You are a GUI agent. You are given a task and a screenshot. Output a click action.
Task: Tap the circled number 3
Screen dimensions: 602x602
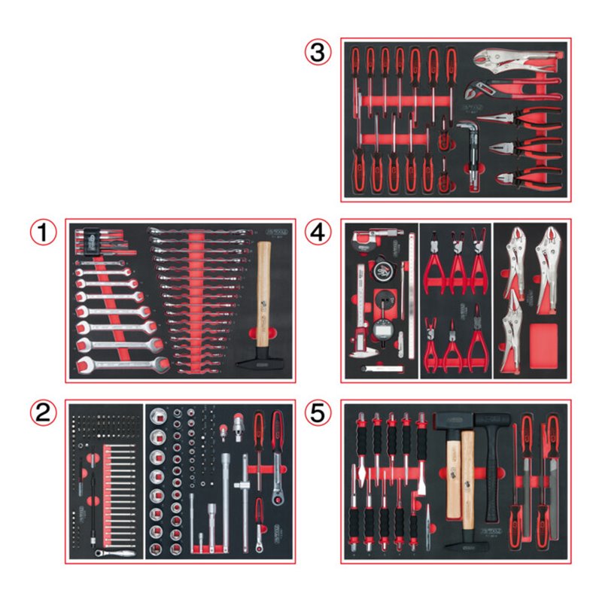[318, 53]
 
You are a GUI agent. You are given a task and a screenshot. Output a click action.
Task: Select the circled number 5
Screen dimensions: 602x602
[318, 413]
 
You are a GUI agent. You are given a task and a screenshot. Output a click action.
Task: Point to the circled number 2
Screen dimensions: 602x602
[44, 413]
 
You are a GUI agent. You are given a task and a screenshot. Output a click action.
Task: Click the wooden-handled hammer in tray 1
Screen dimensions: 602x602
[263, 301]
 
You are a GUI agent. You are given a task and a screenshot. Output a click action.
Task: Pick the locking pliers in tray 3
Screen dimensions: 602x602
[512, 60]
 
